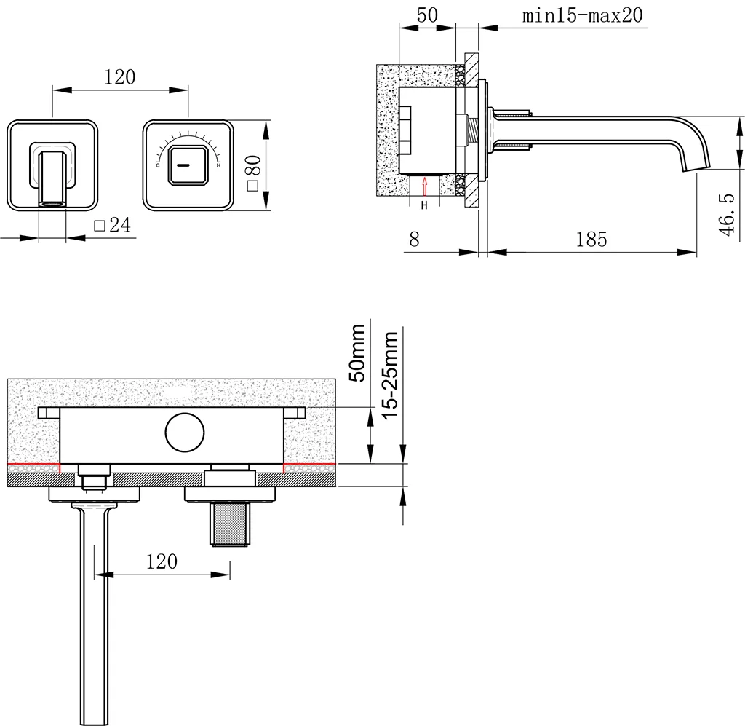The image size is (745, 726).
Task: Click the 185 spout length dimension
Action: [591, 239]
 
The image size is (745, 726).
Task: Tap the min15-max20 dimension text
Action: [583, 15]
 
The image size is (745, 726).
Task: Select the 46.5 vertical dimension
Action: [727, 214]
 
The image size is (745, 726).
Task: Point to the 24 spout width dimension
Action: [120, 225]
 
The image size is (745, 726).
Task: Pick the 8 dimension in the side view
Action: [414, 239]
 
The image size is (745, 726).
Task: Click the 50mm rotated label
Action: [357, 352]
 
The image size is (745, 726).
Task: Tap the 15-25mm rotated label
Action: [390, 376]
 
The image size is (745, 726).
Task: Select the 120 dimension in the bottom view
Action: [162, 561]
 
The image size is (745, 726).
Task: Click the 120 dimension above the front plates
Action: [120, 77]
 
